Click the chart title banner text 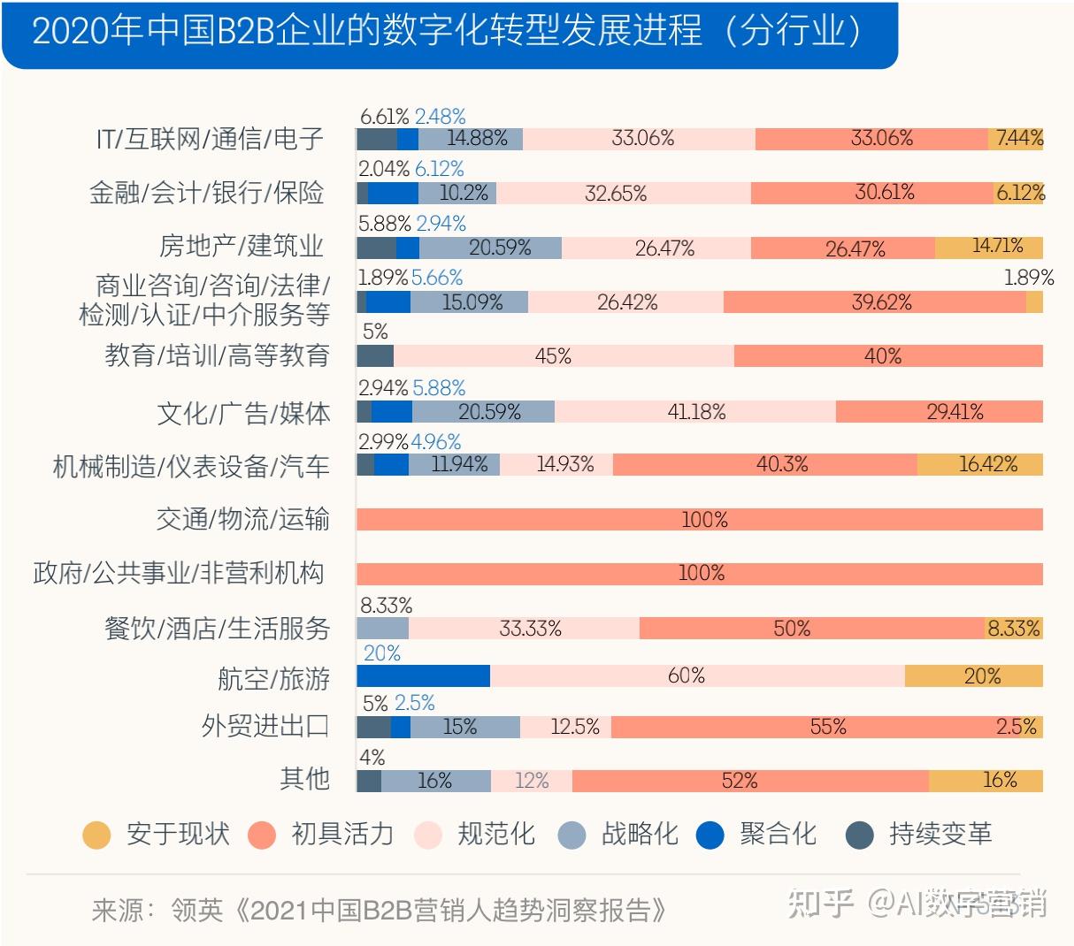[x=447, y=32]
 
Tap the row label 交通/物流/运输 [x=242, y=519]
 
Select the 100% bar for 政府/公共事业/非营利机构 [x=699, y=574]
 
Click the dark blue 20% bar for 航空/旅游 [x=423, y=676]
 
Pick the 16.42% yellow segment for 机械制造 [x=980, y=465]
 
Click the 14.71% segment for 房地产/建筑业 [x=989, y=248]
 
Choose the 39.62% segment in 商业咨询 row [x=874, y=302]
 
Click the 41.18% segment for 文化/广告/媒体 [x=694, y=412]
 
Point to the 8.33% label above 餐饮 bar [x=386, y=606]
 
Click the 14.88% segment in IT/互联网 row [x=471, y=139]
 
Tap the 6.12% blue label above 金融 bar [x=439, y=169]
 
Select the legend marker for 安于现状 [x=96, y=835]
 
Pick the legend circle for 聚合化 [x=710, y=835]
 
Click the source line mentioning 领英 [x=379, y=910]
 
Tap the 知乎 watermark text [x=820, y=904]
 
